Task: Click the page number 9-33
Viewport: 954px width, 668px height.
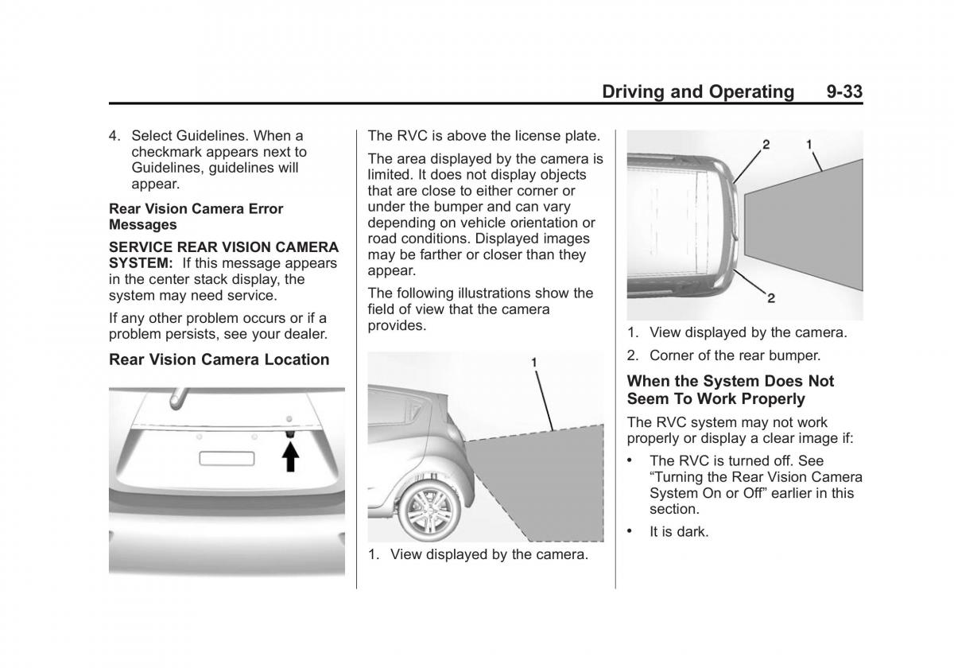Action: (x=843, y=91)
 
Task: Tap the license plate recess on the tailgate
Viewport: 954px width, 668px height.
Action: (x=227, y=458)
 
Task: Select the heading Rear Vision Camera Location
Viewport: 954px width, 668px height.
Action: (x=219, y=359)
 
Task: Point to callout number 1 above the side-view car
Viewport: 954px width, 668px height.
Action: (x=535, y=363)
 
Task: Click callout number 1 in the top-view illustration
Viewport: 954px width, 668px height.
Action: (x=809, y=145)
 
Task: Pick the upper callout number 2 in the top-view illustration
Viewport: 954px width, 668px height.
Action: (x=766, y=145)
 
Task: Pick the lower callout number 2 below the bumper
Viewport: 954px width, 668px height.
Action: (x=770, y=298)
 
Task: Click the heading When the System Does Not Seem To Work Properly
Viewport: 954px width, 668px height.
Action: (x=731, y=390)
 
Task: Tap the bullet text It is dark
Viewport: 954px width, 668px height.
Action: (x=678, y=531)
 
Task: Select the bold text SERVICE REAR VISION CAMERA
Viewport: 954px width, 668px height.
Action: (x=223, y=247)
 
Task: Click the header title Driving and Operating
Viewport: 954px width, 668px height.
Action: (x=697, y=91)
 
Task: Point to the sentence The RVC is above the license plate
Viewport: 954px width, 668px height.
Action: (x=483, y=136)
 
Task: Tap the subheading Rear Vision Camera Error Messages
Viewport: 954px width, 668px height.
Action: (x=196, y=216)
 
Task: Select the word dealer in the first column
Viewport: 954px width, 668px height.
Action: (x=305, y=334)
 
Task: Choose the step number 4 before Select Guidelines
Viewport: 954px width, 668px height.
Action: (x=114, y=136)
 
